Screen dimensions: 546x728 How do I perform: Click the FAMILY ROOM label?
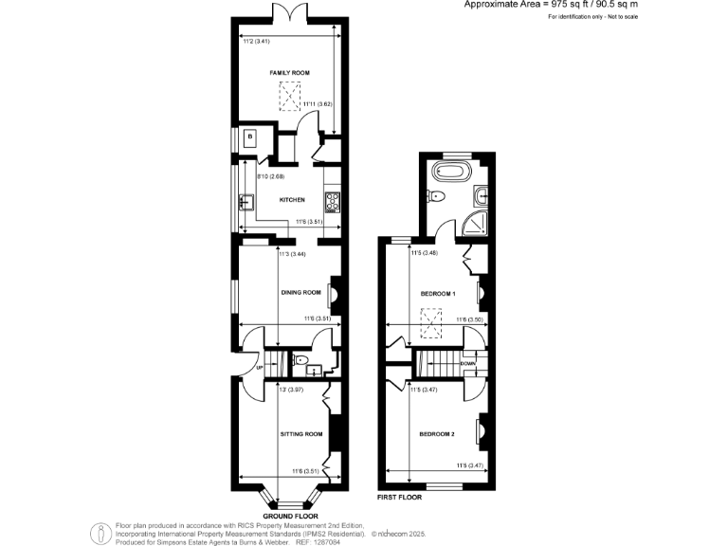coord(289,72)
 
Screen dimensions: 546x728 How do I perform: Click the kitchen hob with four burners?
coord(333,200)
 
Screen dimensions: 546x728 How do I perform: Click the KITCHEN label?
coord(291,200)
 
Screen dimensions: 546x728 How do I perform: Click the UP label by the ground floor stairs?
coord(258,368)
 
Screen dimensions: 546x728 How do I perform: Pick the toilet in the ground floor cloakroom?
coord(300,360)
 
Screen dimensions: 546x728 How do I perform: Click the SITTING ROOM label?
coord(301,434)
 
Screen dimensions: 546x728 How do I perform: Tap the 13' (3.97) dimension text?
coord(290,390)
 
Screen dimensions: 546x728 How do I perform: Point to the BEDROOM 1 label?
coord(438,294)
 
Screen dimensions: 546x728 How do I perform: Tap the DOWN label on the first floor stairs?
coord(467,363)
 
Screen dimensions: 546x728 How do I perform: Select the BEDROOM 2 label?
coord(438,434)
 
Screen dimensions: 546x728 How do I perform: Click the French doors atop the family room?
coord(288,13)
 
